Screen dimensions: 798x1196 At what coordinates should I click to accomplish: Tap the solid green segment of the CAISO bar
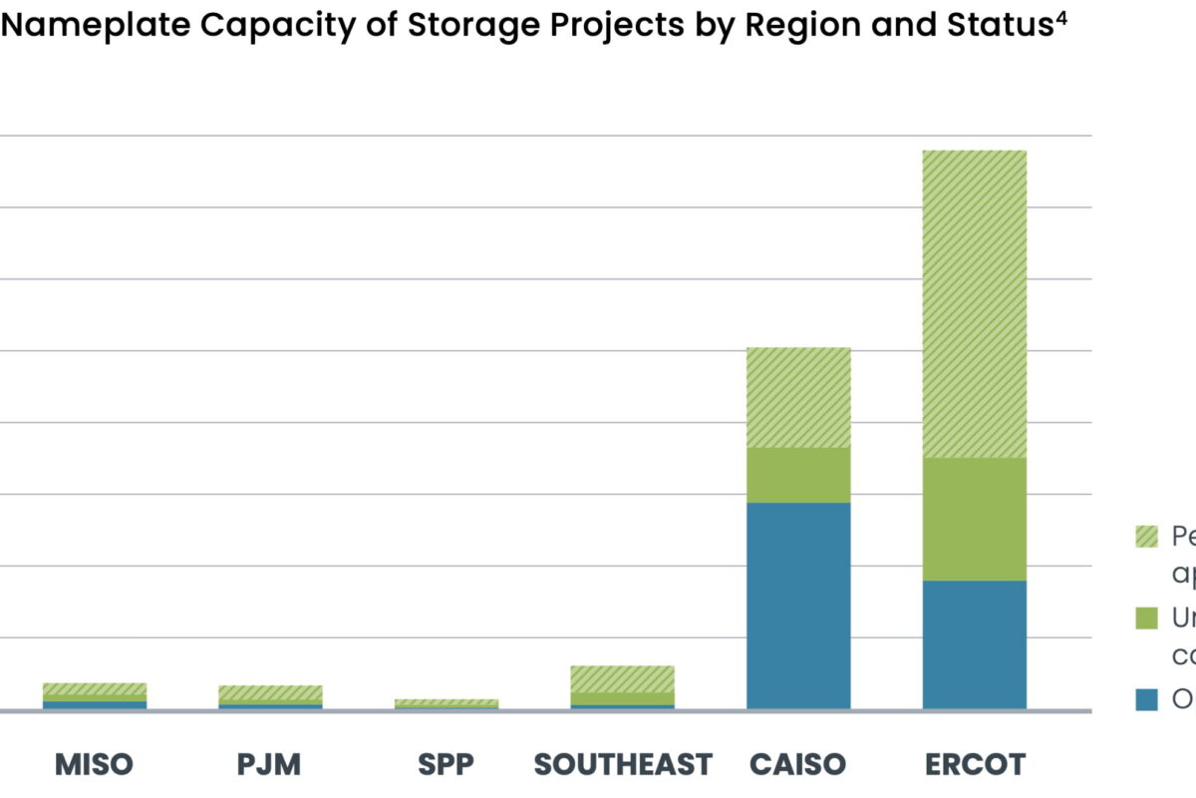797,475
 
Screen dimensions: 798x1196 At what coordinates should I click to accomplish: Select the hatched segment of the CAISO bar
797,397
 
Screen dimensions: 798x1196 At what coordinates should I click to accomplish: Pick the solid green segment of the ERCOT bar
974,519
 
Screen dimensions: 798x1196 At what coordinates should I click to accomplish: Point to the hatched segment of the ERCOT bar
974,304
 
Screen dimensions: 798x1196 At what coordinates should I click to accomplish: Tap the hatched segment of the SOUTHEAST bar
622,679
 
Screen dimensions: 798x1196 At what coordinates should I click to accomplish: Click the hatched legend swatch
1146,537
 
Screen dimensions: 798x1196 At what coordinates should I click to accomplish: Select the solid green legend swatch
1146,618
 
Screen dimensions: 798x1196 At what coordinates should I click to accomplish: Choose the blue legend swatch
1146,700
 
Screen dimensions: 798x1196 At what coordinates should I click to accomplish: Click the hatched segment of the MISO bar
94,689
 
